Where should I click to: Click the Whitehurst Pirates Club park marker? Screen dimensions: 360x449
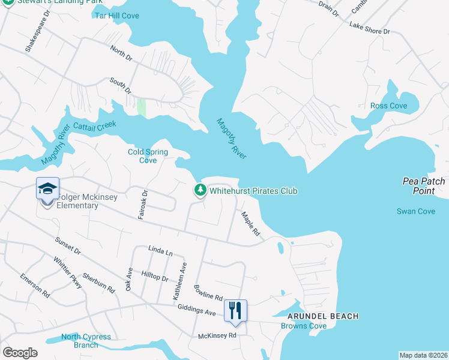(x=200, y=191)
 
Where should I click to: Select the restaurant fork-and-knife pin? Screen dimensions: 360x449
(x=235, y=310)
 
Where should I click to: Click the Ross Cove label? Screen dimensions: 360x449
(x=388, y=106)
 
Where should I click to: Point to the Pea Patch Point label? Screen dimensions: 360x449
(x=424, y=186)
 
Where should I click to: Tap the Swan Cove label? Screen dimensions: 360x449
(x=416, y=211)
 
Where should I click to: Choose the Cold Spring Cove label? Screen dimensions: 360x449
(x=147, y=156)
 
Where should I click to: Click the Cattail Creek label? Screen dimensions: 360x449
(x=94, y=127)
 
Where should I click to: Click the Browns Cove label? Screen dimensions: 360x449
(x=304, y=326)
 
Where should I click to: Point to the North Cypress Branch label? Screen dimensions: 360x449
(x=86, y=341)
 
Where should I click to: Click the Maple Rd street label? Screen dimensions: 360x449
(x=250, y=223)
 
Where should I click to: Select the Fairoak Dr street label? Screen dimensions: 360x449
(x=143, y=205)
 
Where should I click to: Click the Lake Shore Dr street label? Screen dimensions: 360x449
(x=370, y=28)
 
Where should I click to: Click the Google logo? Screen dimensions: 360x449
(x=20, y=353)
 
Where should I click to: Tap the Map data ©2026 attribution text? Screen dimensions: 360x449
(x=424, y=355)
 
